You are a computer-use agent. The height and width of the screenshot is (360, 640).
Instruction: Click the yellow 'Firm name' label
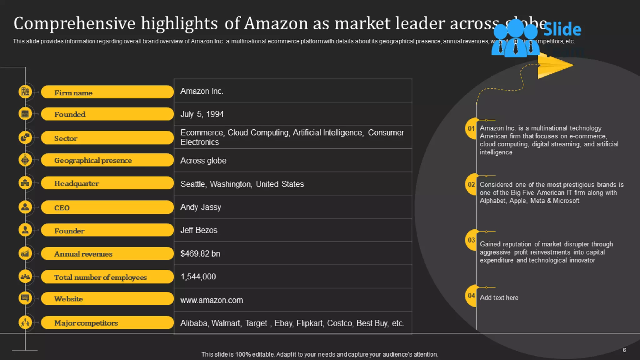coord(107,92)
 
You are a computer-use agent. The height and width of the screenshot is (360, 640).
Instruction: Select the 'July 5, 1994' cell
coord(202,114)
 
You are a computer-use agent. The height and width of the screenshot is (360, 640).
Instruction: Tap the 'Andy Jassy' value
coord(201,207)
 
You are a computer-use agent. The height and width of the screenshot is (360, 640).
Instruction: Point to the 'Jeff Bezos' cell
coord(199,230)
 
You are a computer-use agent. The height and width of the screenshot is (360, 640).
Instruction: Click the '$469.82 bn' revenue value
coord(200,253)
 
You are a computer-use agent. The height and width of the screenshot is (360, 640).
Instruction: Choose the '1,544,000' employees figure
coord(198,277)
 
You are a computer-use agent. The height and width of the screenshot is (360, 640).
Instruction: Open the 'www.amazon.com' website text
coord(212,300)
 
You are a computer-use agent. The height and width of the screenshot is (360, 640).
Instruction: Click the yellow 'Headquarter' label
coord(107,183)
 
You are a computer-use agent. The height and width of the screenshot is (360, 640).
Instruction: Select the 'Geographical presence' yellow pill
coord(107,160)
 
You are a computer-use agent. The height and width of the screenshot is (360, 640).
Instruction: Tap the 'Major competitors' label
coord(107,323)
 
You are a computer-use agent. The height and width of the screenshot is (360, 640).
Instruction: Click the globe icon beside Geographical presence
coord(25,160)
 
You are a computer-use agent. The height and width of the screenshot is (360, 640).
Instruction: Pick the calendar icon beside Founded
coord(25,114)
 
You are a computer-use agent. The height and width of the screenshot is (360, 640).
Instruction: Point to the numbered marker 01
coord(471,128)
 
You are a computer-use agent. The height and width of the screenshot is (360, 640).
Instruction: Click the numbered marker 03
coord(471,240)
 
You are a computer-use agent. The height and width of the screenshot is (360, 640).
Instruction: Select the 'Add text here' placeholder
coord(499,298)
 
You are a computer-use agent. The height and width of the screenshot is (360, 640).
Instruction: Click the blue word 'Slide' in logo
coord(562,30)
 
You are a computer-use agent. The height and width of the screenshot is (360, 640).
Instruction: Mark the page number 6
coord(624,350)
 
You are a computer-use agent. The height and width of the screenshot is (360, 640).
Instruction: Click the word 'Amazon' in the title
coord(276,23)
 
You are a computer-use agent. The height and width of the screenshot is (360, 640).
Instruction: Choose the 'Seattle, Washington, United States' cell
coord(242,184)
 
